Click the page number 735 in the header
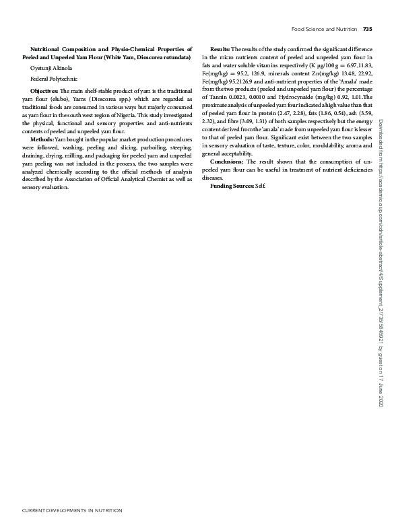pyautogui.click(x=367, y=29)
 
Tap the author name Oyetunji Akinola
pyautogui.click(x=51, y=69)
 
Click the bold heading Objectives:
pyautogui.click(x=44, y=90)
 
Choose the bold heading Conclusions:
pyautogui.click(x=228, y=162)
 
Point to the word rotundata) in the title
pyautogui.click(x=176, y=58)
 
